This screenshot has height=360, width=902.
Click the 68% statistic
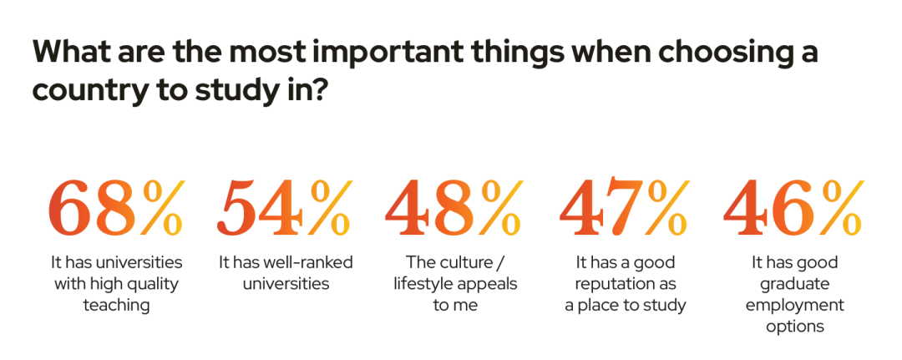[115, 206]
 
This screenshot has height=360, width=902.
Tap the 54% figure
[285, 206]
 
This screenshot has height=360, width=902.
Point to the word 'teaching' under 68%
[116, 305]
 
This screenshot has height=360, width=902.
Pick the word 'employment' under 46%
[794, 305]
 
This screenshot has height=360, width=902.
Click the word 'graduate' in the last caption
[794, 284]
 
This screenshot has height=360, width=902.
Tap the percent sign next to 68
[161, 206]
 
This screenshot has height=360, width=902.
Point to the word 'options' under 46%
[794, 326]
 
